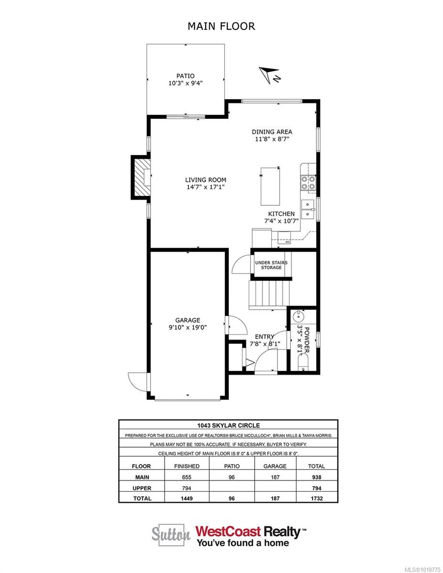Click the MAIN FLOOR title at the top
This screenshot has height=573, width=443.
point(221,26)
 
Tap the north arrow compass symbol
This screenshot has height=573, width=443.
point(269,75)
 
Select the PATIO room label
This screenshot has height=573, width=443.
point(185,75)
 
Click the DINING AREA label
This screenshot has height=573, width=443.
point(271,132)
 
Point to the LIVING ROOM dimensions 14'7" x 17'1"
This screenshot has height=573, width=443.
point(205,187)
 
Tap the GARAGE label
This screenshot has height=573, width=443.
point(187,320)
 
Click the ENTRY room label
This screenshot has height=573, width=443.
point(264,336)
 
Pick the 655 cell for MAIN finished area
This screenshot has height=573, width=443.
point(187,477)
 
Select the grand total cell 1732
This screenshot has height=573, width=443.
point(316,498)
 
